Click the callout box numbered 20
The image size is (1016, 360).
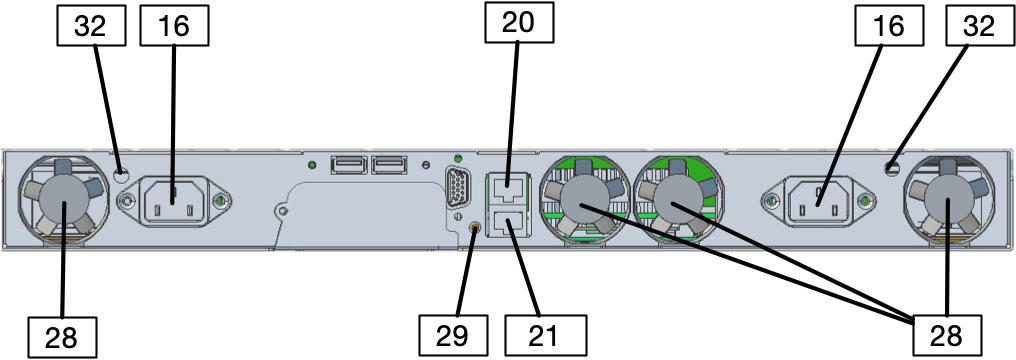point(519,21)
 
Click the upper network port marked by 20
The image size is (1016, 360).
point(509,185)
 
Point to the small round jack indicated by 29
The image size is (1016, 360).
point(475,230)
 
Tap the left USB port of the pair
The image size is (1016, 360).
point(346,164)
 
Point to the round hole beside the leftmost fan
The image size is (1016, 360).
point(122,174)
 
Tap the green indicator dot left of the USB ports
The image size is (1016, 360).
point(312,164)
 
